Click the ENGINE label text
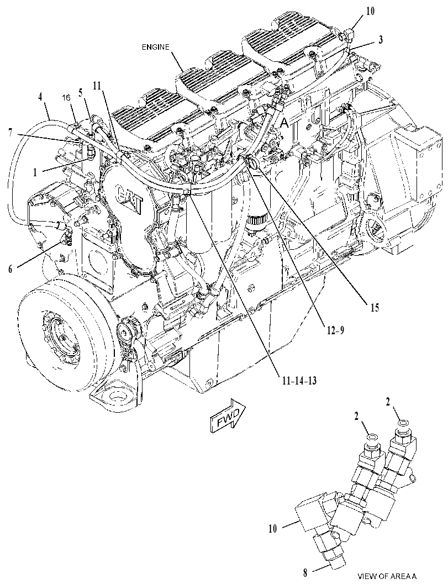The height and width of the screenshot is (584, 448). [x=156, y=47]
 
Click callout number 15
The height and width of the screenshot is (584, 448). [x=375, y=307]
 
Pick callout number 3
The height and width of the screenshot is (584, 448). [x=381, y=40]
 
